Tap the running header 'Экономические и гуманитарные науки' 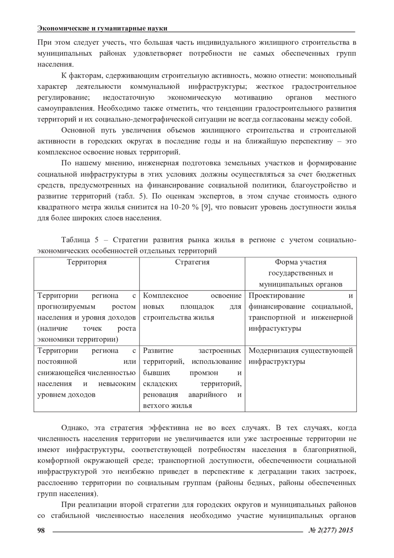(x=102, y=28)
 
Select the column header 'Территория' (x=87, y=262)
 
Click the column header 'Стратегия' (x=192, y=262)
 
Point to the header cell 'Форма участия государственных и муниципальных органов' (x=300, y=273)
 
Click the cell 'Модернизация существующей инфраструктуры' (x=300, y=356)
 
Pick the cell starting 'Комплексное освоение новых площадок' (x=192, y=306)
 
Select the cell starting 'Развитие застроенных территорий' (x=192, y=378)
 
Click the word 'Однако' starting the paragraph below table (x=75, y=428)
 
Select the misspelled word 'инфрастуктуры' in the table (x=274, y=328)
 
